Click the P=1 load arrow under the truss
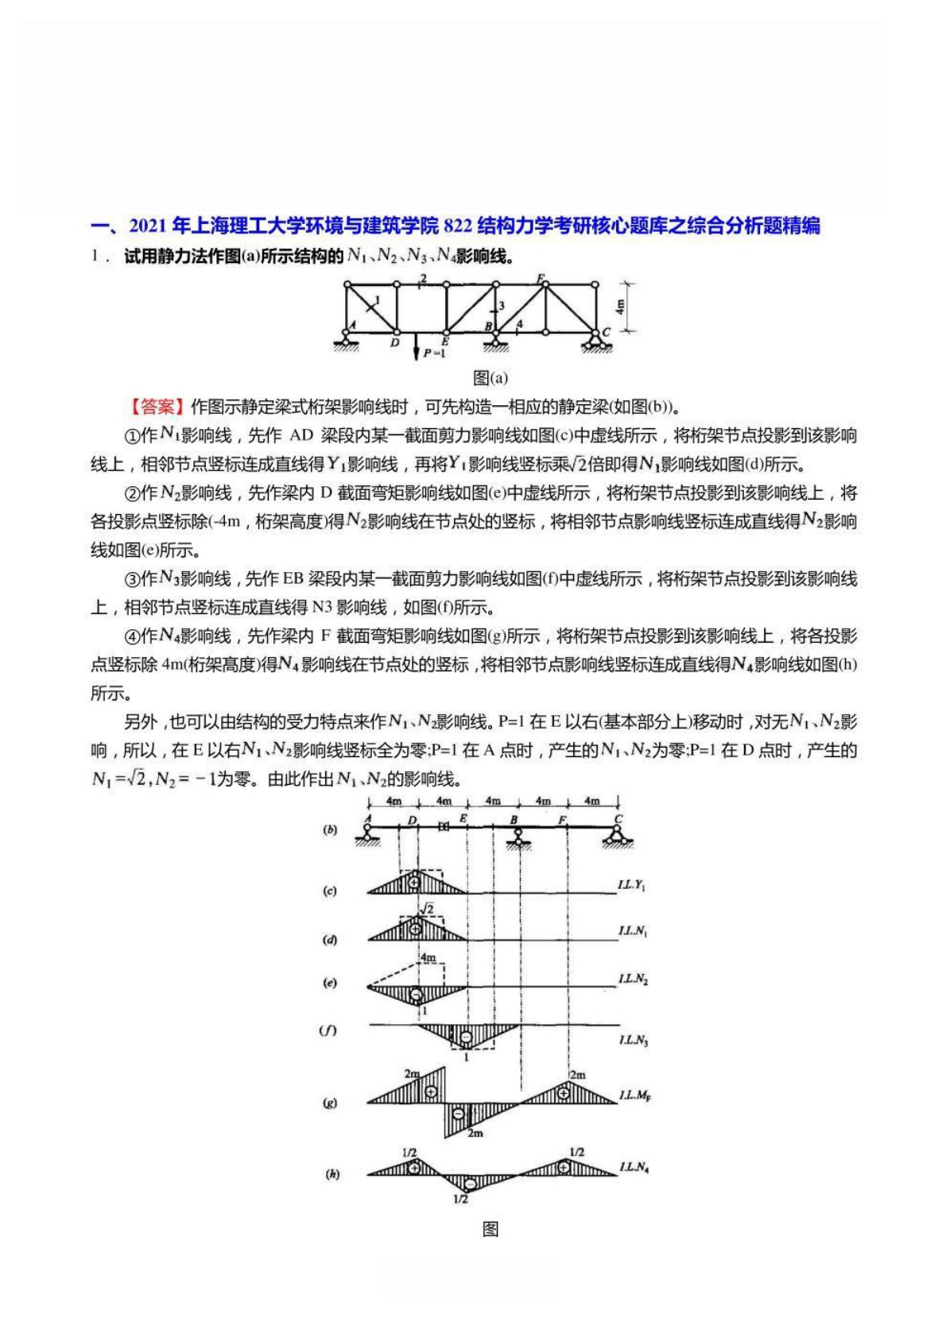pos(416,348)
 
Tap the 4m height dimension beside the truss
pos(621,305)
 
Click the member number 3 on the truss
pos(502,305)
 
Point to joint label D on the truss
pos(395,343)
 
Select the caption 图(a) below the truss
pos(490,377)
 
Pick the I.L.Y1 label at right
pos(632,884)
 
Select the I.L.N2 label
pos(634,980)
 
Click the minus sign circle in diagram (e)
pos(416,995)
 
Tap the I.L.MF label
pos(635,1096)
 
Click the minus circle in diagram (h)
pos(470,1184)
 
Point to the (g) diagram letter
pos(329,1103)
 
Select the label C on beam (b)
pos(618,818)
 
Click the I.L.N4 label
pos(634,1167)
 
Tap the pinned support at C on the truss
pos(595,342)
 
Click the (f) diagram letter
pos(328,1030)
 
